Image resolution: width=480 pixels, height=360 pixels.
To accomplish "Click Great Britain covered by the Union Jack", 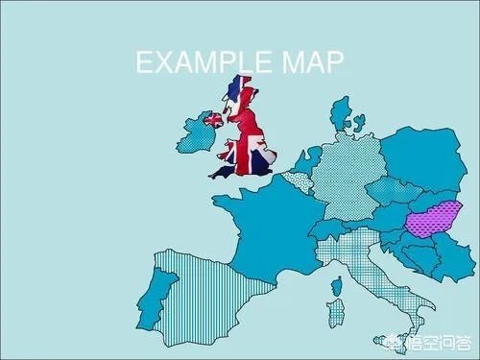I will (246, 134).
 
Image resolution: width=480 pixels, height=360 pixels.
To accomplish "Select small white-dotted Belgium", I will (297, 181).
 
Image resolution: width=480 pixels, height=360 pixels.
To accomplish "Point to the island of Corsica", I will (337, 282).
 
